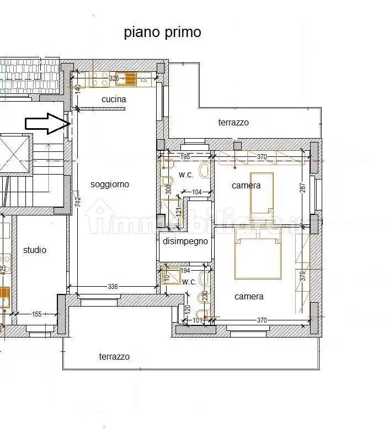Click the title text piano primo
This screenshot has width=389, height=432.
point(162,33)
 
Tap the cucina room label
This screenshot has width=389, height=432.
point(114,99)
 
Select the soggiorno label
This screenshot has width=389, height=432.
point(110,185)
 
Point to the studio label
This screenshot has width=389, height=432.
point(35,250)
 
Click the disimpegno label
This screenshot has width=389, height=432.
point(185,241)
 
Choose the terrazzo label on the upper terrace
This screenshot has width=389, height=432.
point(233,123)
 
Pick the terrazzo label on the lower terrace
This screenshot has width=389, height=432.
point(114,357)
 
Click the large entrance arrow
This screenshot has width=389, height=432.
point(46,124)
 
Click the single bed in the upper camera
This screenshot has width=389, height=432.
point(262,193)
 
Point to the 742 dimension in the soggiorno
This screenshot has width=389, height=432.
point(78,203)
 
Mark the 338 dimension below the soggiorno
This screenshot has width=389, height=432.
point(113,287)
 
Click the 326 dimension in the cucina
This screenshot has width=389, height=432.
point(114,79)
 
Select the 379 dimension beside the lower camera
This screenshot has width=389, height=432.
point(302,276)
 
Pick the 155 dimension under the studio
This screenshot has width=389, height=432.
point(36,314)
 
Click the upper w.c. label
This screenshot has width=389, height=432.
point(185,175)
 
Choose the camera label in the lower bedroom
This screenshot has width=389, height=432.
point(249,297)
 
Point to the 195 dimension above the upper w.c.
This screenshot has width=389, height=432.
point(185,157)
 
